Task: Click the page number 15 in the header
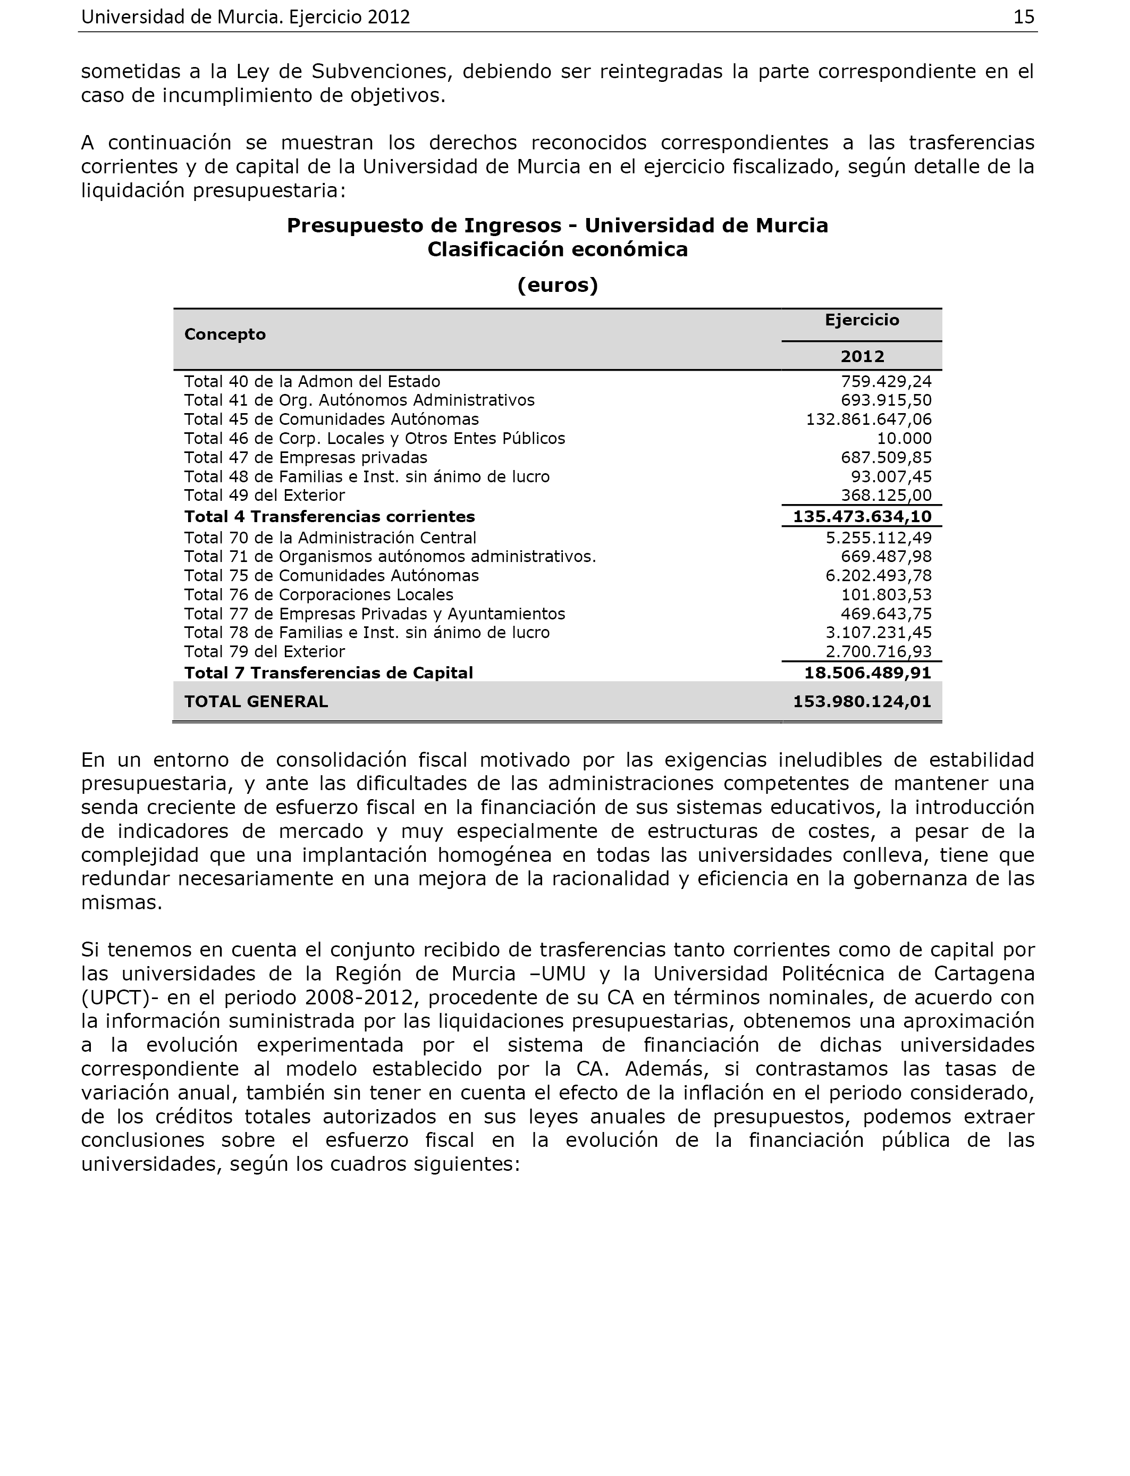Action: point(1023,18)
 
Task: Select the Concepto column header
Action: point(225,334)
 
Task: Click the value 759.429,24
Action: point(886,381)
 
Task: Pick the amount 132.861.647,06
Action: point(868,419)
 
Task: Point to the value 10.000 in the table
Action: point(904,439)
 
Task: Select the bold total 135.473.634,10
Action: point(862,517)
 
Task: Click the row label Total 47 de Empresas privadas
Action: point(306,457)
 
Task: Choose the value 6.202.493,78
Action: point(879,576)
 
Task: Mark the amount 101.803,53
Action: point(886,594)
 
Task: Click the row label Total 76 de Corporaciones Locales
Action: point(319,594)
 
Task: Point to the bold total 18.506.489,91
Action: point(867,673)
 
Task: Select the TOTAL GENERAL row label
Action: point(256,702)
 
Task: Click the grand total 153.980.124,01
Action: point(862,702)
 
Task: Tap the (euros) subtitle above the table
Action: point(558,285)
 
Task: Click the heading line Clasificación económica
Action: point(558,249)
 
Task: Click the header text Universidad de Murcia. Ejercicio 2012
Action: point(246,18)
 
